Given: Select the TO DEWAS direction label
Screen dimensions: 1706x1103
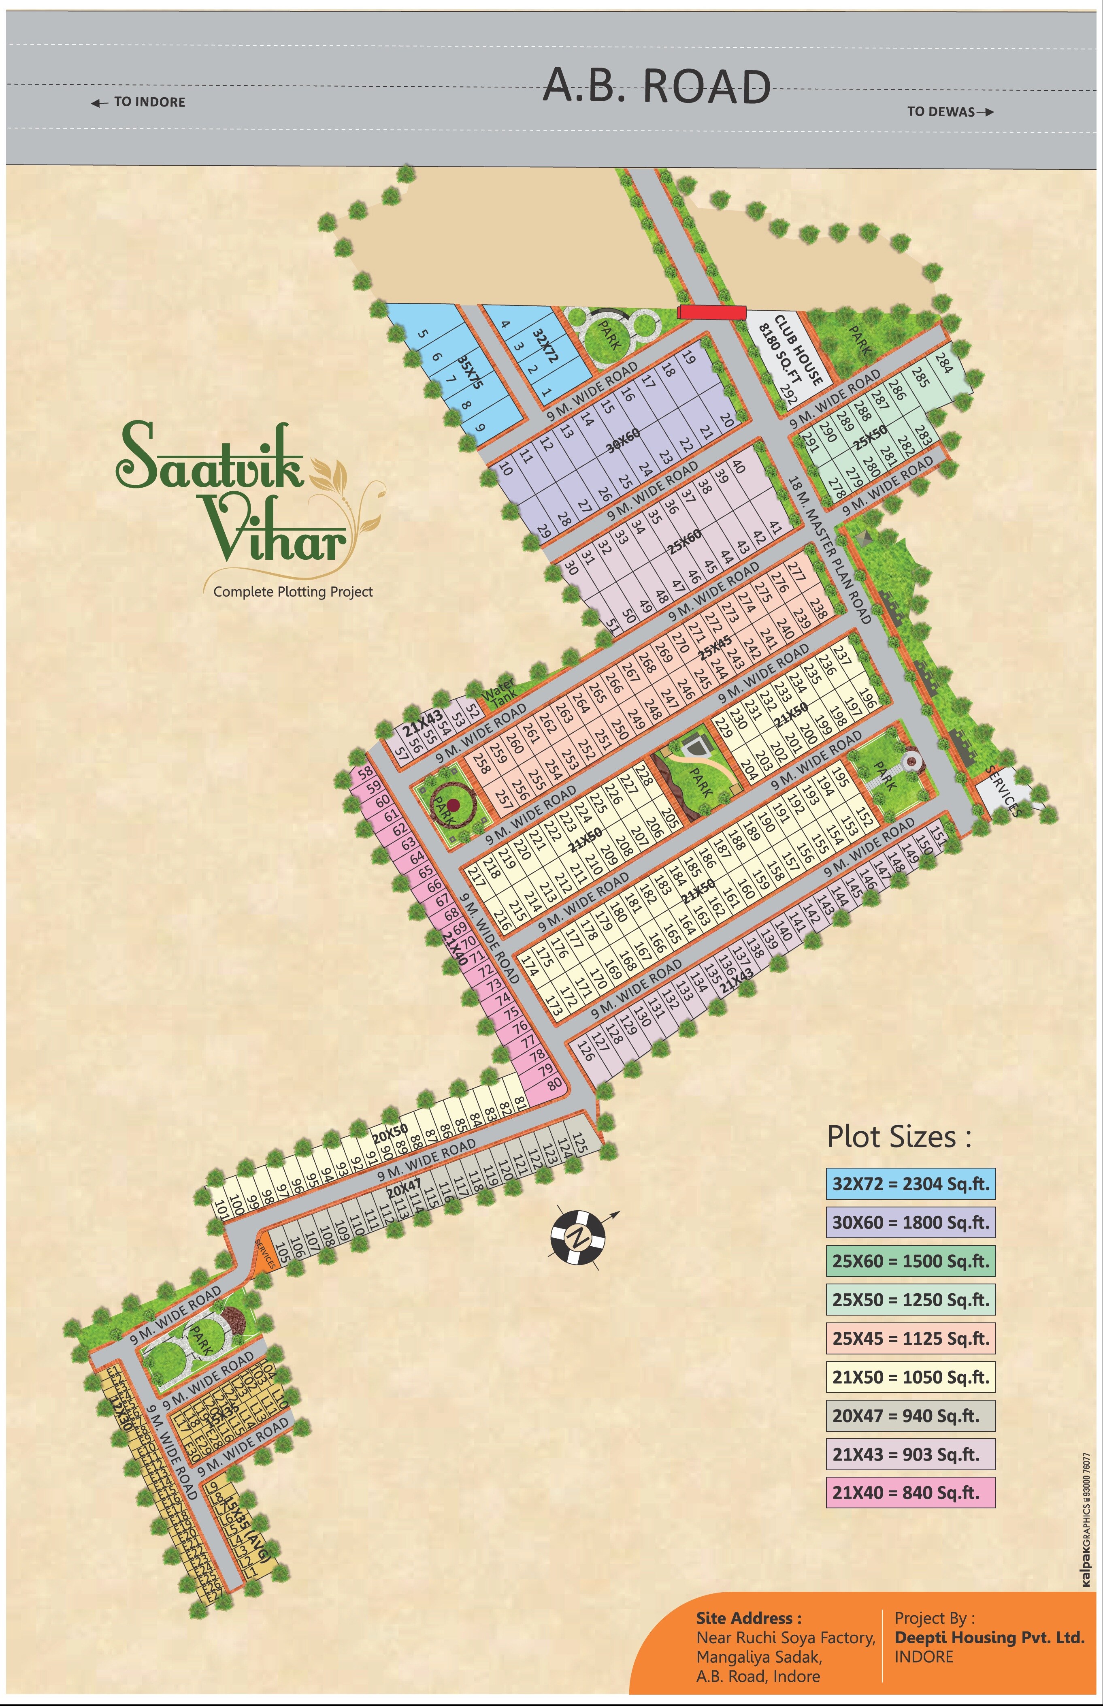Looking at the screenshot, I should click(950, 112).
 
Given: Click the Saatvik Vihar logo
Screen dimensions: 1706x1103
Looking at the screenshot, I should click(236, 494).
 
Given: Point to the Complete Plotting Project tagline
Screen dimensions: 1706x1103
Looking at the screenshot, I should click(293, 592).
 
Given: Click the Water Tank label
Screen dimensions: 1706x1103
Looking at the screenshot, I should click(497, 691).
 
